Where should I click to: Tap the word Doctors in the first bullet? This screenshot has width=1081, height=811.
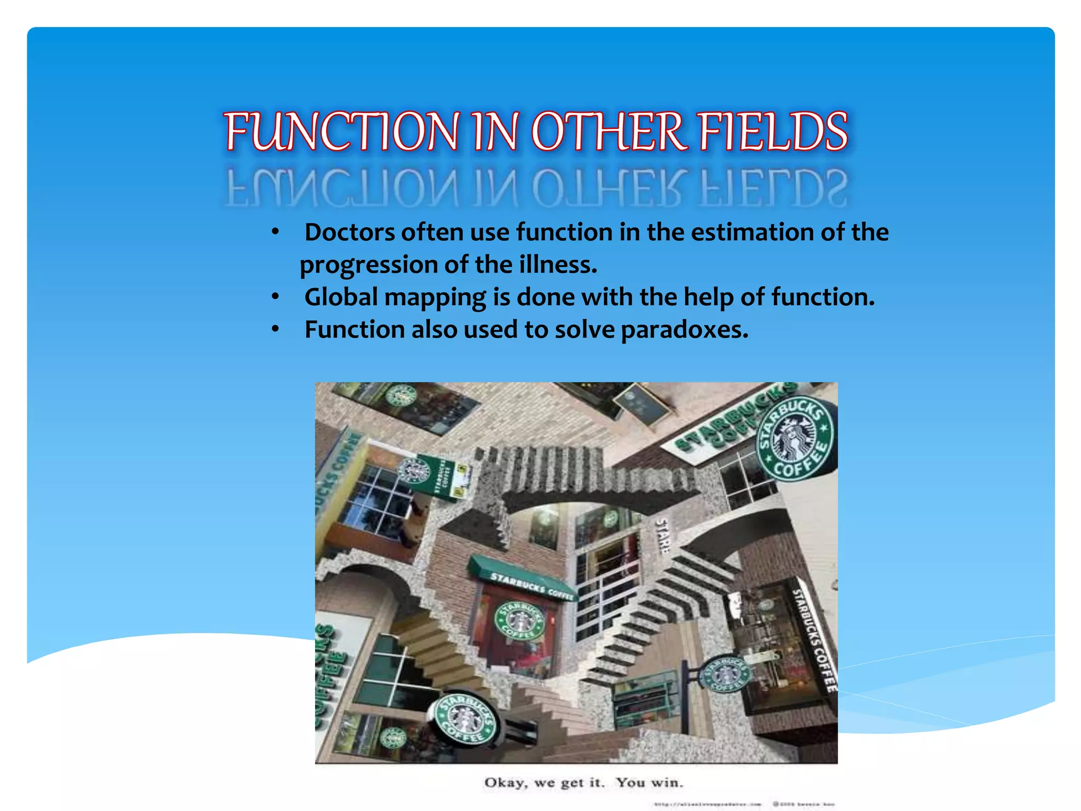coord(349,232)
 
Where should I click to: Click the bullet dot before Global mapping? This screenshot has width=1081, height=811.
coord(275,297)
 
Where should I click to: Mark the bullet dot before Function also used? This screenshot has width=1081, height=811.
coord(275,329)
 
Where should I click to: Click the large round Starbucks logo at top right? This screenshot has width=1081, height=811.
coord(796,437)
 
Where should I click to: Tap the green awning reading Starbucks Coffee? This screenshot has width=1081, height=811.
coord(523,579)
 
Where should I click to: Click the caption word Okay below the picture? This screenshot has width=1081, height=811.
coord(505,782)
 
